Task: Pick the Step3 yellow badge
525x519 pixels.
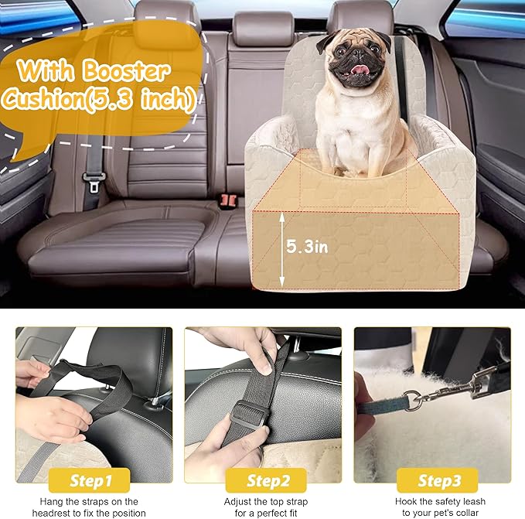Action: coord(439,480)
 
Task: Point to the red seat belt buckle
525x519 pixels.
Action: coord(227,199)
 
